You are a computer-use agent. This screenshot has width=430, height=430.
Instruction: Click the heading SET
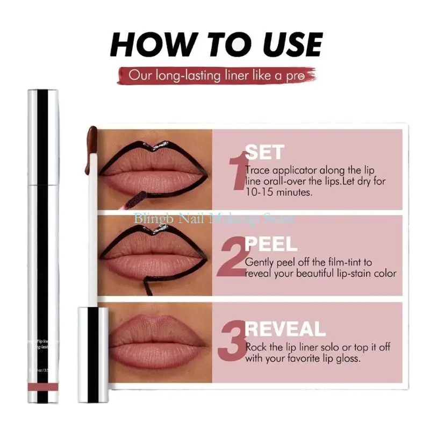pyautogui.click(x=264, y=152)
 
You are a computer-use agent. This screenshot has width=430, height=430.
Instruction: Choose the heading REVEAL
pyautogui.click(x=285, y=329)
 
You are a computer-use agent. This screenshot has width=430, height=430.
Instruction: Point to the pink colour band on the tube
pyautogui.click(x=43, y=388)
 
